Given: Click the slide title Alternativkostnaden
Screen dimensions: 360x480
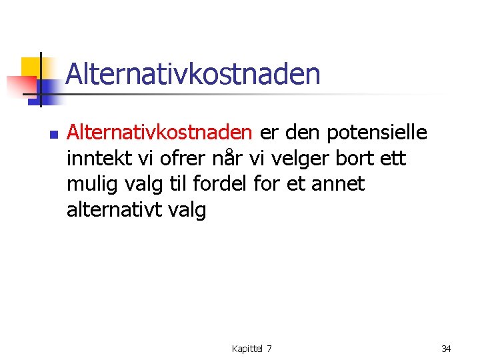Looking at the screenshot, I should (x=193, y=73).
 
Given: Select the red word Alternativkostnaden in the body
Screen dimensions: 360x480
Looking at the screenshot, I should (x=159, y=133).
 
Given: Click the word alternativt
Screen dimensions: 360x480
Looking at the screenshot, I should (x=111, y=210).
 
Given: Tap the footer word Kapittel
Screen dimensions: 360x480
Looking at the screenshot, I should (x=247, y=349).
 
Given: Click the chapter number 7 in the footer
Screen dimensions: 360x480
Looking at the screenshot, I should (x=269, y=349).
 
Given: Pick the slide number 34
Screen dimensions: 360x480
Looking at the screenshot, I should (x=447, y=349).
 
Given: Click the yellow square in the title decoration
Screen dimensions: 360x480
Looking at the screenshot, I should (x=30, y=67).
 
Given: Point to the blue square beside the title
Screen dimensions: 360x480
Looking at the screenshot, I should (x=48, y=89).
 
